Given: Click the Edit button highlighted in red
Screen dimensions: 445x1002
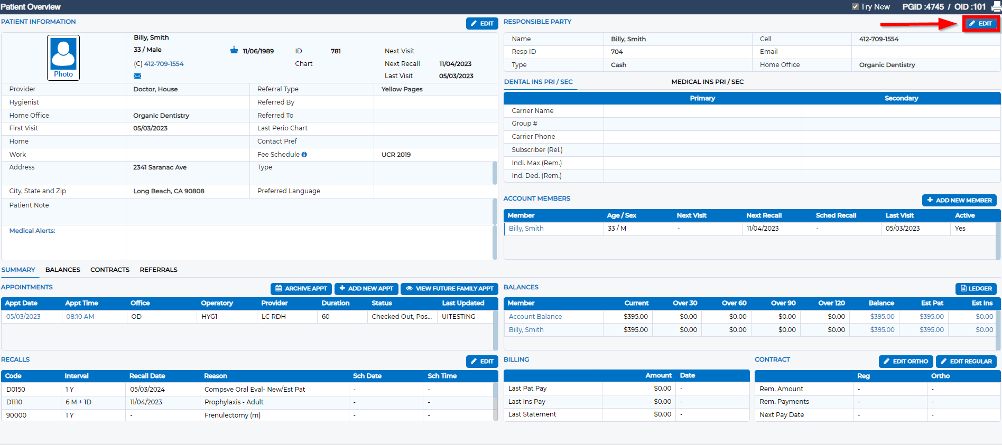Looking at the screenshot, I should (x=981, y=24).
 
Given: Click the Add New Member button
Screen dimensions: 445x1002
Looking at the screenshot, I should (x=959, y=201).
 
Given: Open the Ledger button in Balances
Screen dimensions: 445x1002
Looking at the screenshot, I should (x=976, y=289).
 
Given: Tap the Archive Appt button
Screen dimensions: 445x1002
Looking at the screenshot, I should (x=301, y=289).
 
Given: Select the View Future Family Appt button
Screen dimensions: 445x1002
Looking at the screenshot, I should (x=449, y=289).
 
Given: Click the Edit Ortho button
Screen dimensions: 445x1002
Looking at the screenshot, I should (x=906, y=362).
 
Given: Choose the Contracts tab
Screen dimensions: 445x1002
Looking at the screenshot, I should (x=110, y=270).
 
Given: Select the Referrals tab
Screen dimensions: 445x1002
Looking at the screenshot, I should (x=159, y=270).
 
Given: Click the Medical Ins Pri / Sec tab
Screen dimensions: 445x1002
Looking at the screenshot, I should (x=707, y=82).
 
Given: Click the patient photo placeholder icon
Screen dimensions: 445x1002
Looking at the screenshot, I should (x=63, y=55).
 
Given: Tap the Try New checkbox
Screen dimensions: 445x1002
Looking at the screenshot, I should (x=855, y=7).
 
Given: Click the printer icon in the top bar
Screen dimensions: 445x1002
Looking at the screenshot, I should (x=996, y=7).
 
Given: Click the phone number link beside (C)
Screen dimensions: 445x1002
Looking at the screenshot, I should (x=164, y=64).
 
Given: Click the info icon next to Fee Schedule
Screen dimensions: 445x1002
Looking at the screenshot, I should (x=304, y=155).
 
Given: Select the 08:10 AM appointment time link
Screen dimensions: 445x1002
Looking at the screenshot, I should (x=80, y=317).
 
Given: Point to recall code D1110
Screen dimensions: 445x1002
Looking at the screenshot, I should (x=14, y=402).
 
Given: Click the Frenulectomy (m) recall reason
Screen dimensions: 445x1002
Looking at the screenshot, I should (x=233, y=415).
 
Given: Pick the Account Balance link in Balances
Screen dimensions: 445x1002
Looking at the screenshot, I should (x=535, y=317).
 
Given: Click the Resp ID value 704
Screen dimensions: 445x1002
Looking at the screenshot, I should (x=617, y=52).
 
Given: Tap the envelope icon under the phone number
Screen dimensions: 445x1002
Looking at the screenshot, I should (x=137, y=76).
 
